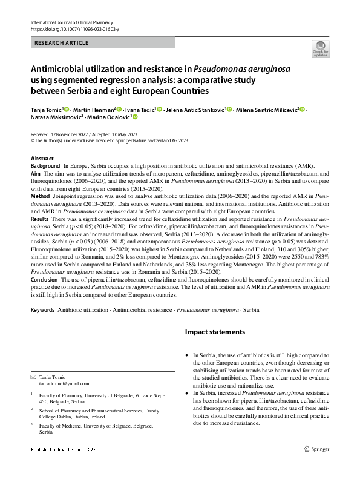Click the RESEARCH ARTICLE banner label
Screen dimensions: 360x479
pyautogui.click(x=62, y=43)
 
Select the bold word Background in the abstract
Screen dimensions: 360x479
pyautogui.click(x=45, y=165)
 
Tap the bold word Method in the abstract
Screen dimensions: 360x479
pyautogui.click(x=41, y=197)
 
